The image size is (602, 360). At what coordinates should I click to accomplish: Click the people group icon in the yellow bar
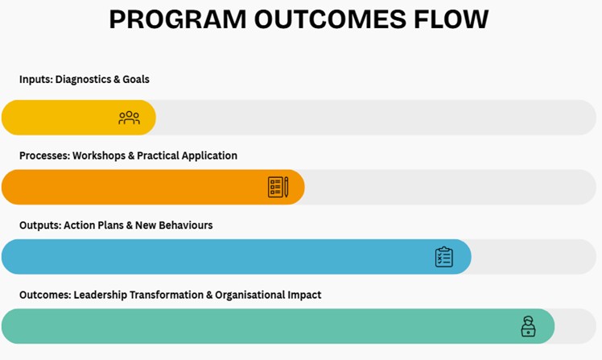pos(129,118)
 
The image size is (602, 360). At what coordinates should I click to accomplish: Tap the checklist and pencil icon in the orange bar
pos(278,187)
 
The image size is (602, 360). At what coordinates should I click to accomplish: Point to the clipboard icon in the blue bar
pos(443,257)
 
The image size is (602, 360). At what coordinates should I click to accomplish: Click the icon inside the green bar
pos(528,326)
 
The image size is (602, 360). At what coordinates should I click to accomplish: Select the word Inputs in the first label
pos(35,80)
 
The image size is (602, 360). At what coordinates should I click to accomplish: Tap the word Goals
pos(136,80)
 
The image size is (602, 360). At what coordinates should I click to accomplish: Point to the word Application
pos(210,155)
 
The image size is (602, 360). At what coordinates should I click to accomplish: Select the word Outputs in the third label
pos(39,226)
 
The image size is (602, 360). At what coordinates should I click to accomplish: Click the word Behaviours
pos(185,226)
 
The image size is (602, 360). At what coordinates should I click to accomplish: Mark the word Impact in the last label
pos(304,295)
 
